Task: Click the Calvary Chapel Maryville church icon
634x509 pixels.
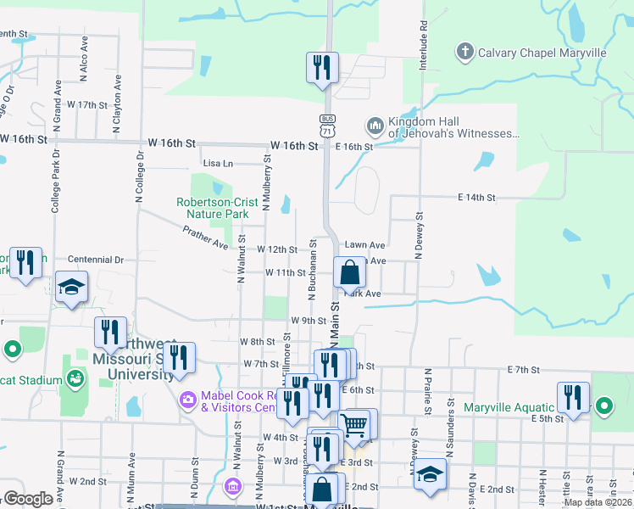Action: pos(464,53)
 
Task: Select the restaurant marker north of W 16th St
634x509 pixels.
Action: pos(322,67)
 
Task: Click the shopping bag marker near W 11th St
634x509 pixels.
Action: pos(349,272)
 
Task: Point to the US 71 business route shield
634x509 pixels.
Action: pos(327,125)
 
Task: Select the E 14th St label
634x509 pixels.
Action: pos(475,197)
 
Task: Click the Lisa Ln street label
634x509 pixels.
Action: pos(217,163)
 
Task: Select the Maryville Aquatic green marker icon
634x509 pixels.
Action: pos(603,406)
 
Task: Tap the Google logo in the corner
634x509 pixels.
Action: pos(28,499)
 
